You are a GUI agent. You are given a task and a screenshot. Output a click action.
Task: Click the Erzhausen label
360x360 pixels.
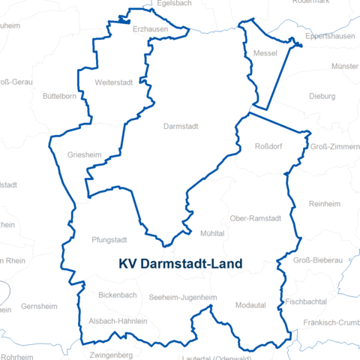[149, 29]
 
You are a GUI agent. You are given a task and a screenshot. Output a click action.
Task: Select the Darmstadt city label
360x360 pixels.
[181, 127]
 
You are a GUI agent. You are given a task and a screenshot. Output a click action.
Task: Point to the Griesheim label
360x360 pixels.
[84, 155]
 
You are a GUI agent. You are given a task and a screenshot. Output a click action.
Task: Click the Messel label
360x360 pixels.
[265, 53]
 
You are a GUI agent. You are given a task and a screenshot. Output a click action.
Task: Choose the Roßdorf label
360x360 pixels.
[268, 145]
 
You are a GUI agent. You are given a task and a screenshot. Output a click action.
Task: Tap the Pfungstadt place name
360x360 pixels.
[109, 241]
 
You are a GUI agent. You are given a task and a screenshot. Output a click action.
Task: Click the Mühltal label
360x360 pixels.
[212, 234]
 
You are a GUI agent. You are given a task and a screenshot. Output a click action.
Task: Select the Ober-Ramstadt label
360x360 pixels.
[255, 218]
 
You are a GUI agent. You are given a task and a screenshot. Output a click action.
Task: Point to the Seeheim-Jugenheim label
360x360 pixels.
[183, 298]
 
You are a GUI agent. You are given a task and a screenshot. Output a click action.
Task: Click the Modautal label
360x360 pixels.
[250, 305]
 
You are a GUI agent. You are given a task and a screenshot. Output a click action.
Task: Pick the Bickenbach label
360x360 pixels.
[118, 295]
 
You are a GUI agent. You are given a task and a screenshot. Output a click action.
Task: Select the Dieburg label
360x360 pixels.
[322, 96]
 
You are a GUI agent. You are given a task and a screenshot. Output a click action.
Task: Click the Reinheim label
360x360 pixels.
[324, 204]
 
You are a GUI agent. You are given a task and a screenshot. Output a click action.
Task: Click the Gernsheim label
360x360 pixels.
[39, 307]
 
